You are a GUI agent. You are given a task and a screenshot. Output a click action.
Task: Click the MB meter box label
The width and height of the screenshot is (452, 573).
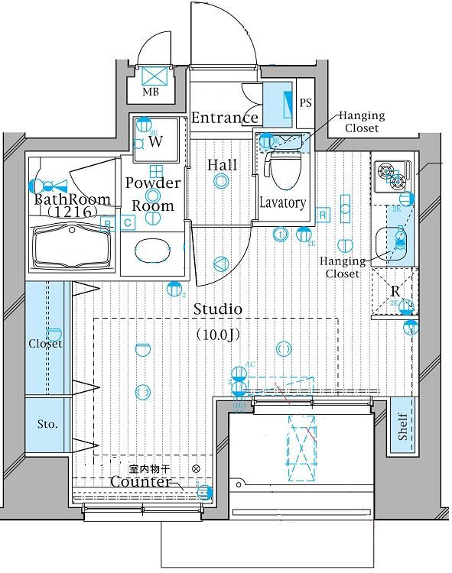(x=151, y=93)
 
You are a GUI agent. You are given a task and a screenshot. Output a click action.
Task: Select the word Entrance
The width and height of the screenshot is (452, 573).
(x=224, y=118)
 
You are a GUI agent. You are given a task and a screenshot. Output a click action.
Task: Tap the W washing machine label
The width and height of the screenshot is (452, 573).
(x=155, y=141)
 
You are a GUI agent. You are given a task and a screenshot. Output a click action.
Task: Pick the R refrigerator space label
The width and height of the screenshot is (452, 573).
(x=395, y=291)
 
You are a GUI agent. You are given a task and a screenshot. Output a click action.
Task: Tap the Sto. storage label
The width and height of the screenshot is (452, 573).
(x=47, y=424)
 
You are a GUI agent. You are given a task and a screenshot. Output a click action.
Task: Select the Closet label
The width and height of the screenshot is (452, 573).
(x=46, y=344)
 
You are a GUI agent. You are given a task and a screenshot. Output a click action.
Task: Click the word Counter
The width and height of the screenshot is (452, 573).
(x=140, y=482)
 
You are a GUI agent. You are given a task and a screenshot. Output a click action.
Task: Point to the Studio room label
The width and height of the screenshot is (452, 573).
(x=218, y=309)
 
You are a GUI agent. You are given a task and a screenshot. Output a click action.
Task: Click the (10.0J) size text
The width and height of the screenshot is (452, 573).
(x=219, y=334)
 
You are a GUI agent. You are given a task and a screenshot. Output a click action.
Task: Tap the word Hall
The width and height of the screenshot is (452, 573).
(x=222, y=165)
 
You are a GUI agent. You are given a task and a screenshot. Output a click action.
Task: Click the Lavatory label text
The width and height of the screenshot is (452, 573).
(x=282, y=202)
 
